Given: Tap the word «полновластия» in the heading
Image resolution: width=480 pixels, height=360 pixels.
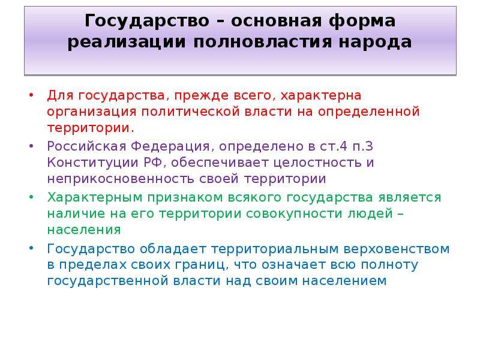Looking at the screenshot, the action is pyautogui.click(x=263, y=42).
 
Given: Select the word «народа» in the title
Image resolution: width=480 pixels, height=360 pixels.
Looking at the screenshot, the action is pyautogui.click(x=375, y=43).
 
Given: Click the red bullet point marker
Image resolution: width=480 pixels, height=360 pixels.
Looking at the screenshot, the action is pyautogui.click(x=31, y=95).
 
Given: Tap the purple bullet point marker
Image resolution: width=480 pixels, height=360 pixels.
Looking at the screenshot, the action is pyautogui.click(x=31, y=146).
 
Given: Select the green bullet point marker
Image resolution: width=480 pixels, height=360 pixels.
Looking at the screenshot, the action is pyautogui.click(x=31, y=197).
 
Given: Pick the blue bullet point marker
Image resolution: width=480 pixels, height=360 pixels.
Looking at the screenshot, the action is pyautogui.click(x=31, y=248).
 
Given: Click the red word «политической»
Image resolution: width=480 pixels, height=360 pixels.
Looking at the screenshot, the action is pyautogui.click(x=190, y=112).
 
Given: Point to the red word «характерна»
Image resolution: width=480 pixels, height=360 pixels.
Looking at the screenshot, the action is pyautogui.click(x=321, y=96).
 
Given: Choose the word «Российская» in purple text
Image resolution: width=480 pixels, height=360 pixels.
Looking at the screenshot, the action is pyautogui.click(x=86, y=146).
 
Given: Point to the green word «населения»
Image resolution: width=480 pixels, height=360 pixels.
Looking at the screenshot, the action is pyautogui.click(x=84, y=230).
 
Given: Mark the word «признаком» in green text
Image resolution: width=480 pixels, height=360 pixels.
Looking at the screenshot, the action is pyautogui.click(x=185, y=198).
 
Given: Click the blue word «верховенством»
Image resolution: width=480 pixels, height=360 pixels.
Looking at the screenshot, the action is pyautogui.click(x=397, y=249).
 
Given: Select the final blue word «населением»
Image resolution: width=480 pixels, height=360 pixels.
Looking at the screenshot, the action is pyautogui.click(x=344, y=281).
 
